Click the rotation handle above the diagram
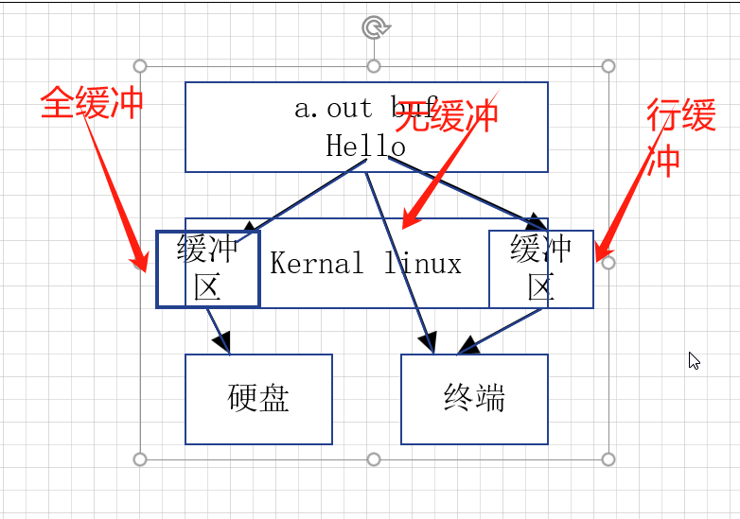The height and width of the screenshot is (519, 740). click(x=375, y=27)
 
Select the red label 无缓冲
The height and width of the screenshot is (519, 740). click(x=446, y=117)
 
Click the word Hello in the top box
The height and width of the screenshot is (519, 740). click(x=365, y=146)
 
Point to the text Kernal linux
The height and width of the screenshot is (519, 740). click(x=365, y=263)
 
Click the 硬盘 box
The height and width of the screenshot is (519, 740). click(x=258, y=398)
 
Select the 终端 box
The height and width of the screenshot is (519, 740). click(x=474, y=398)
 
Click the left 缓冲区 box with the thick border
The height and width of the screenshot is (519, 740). click(x=207, y=268)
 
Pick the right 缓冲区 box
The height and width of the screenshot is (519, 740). click(x=541, y=268)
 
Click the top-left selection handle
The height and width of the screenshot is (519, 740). click(x=140, y=66)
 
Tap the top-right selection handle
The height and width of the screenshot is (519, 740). click(x=608, y=66)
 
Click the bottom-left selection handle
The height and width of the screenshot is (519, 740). click(x=140, y=459)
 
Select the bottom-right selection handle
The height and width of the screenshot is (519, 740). click(x=608, y=459)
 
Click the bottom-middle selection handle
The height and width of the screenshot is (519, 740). click(x=374, y=459)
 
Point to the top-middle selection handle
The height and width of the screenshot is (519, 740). click(x=374, y=66)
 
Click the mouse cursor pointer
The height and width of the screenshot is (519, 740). click(x=694, y=360)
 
